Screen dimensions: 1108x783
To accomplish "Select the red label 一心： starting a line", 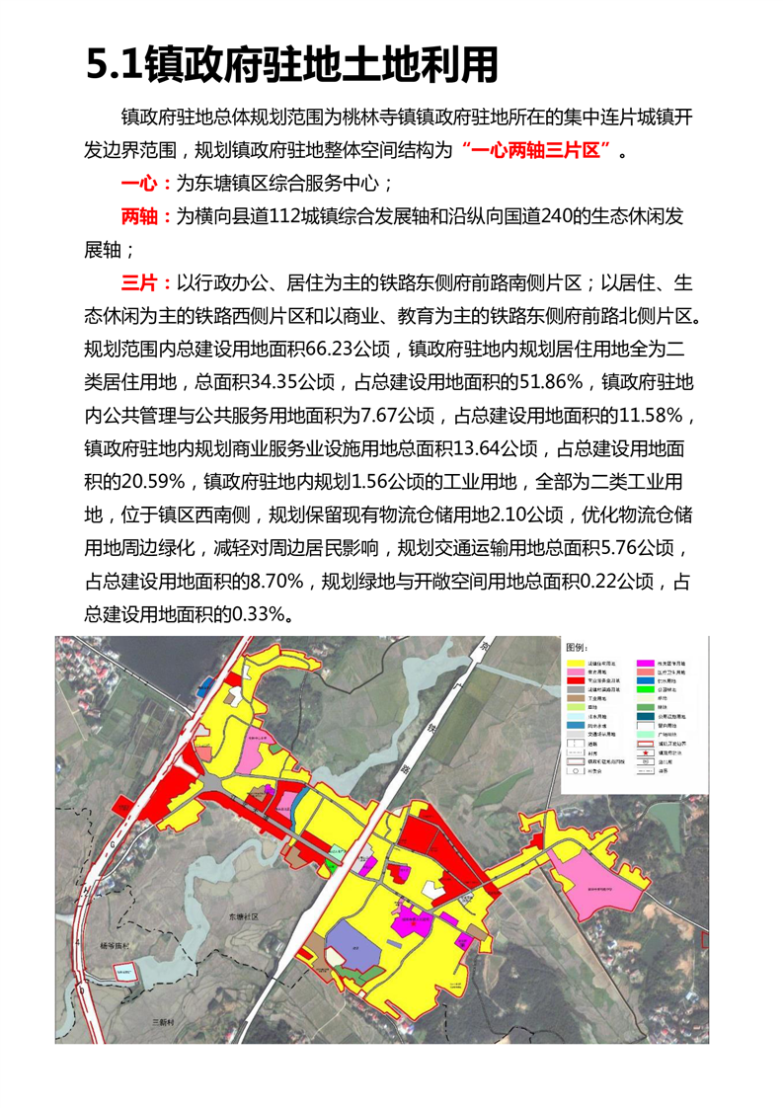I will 146,185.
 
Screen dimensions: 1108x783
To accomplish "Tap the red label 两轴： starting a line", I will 146,217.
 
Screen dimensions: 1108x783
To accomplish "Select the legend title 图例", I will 578,646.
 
